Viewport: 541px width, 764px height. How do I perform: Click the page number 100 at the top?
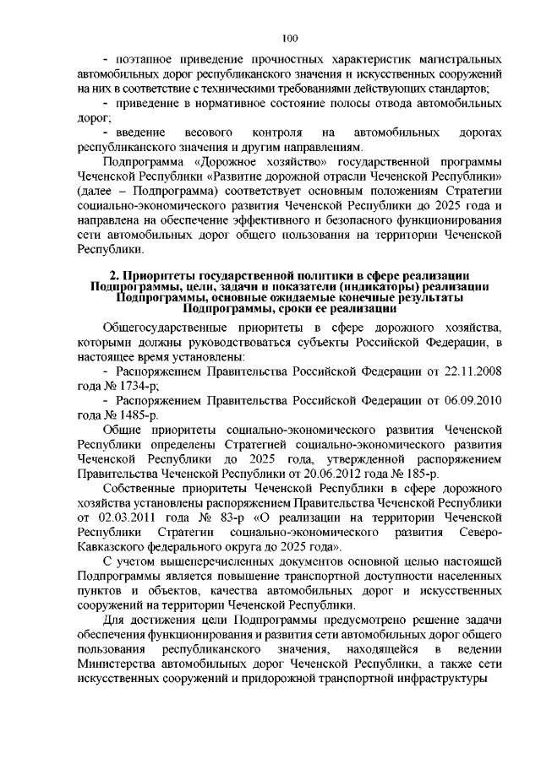pyautogui.click(x=290, y=38)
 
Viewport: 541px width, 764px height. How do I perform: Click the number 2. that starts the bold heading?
pyautogui.click(x=117, y=276)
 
